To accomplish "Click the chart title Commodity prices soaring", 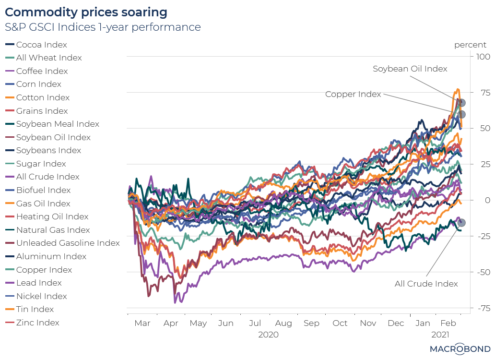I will (x=86, y=12).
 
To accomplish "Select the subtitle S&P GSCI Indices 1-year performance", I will (x=103, y=27).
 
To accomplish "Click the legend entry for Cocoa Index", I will (x=41, y=45).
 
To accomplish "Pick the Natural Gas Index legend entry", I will (x=53, y=230).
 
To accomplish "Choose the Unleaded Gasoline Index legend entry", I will (x=68, y=243).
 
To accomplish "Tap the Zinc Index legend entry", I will (x=37, y=323).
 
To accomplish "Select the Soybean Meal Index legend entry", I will (x=58, y=124).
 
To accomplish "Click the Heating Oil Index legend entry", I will (x=52, y=216).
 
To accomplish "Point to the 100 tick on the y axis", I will (x=480, y=57).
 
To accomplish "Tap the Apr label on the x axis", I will (x=171, y=323).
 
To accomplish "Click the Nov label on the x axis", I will (x=368, y=323).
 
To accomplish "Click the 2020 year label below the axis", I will (x=268, y=334).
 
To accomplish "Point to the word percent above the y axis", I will (x=470, y=45).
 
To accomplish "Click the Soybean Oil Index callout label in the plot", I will (x=410, y=69).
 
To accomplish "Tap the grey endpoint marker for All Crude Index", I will (x=461, y=222).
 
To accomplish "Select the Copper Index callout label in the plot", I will (x=353, y=94).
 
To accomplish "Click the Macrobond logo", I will (x=460, y=349).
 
